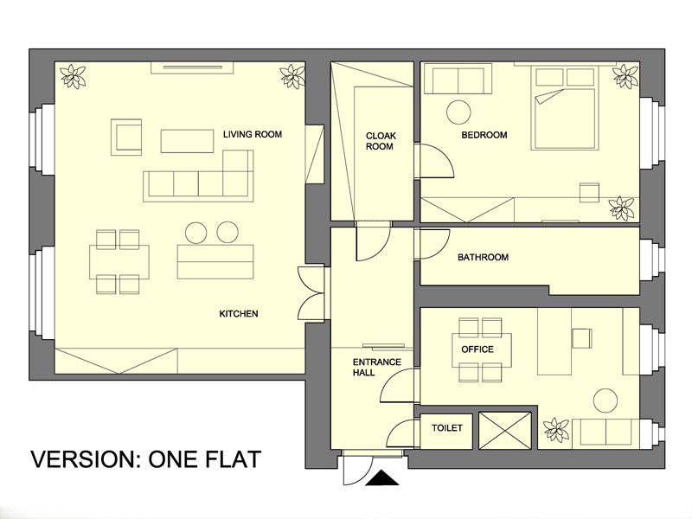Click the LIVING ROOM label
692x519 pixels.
(x=253, y=134)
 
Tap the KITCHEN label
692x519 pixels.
(x=239, y=314)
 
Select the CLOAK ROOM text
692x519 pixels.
(x=381, y=141)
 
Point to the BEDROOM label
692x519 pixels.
(x=484, y=135)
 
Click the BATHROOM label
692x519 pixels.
(x=483, y=257)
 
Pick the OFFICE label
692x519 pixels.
(x=477, y=349)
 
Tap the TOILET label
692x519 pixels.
(x=447, y=427)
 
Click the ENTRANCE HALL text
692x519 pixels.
(x=376, y=367)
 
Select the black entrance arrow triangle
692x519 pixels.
(x=382, y=479)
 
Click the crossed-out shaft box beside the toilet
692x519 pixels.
(x=505, y=430)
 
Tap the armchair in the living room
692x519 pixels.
(x=126, y=138)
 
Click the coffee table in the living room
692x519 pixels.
(x=187, y=141)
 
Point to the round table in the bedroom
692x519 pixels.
(x=459, y=112)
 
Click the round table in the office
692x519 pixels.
(x=605, y=401)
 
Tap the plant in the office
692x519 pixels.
(x=556, y=430)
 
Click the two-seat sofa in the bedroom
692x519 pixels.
(x=458, y=79)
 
